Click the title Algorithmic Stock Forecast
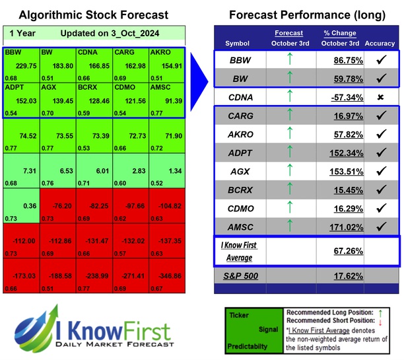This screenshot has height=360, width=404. (93, 15)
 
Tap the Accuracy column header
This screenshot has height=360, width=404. (379, 43)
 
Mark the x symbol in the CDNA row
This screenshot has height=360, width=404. (379, 97)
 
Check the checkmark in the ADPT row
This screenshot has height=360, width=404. (379, 152)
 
